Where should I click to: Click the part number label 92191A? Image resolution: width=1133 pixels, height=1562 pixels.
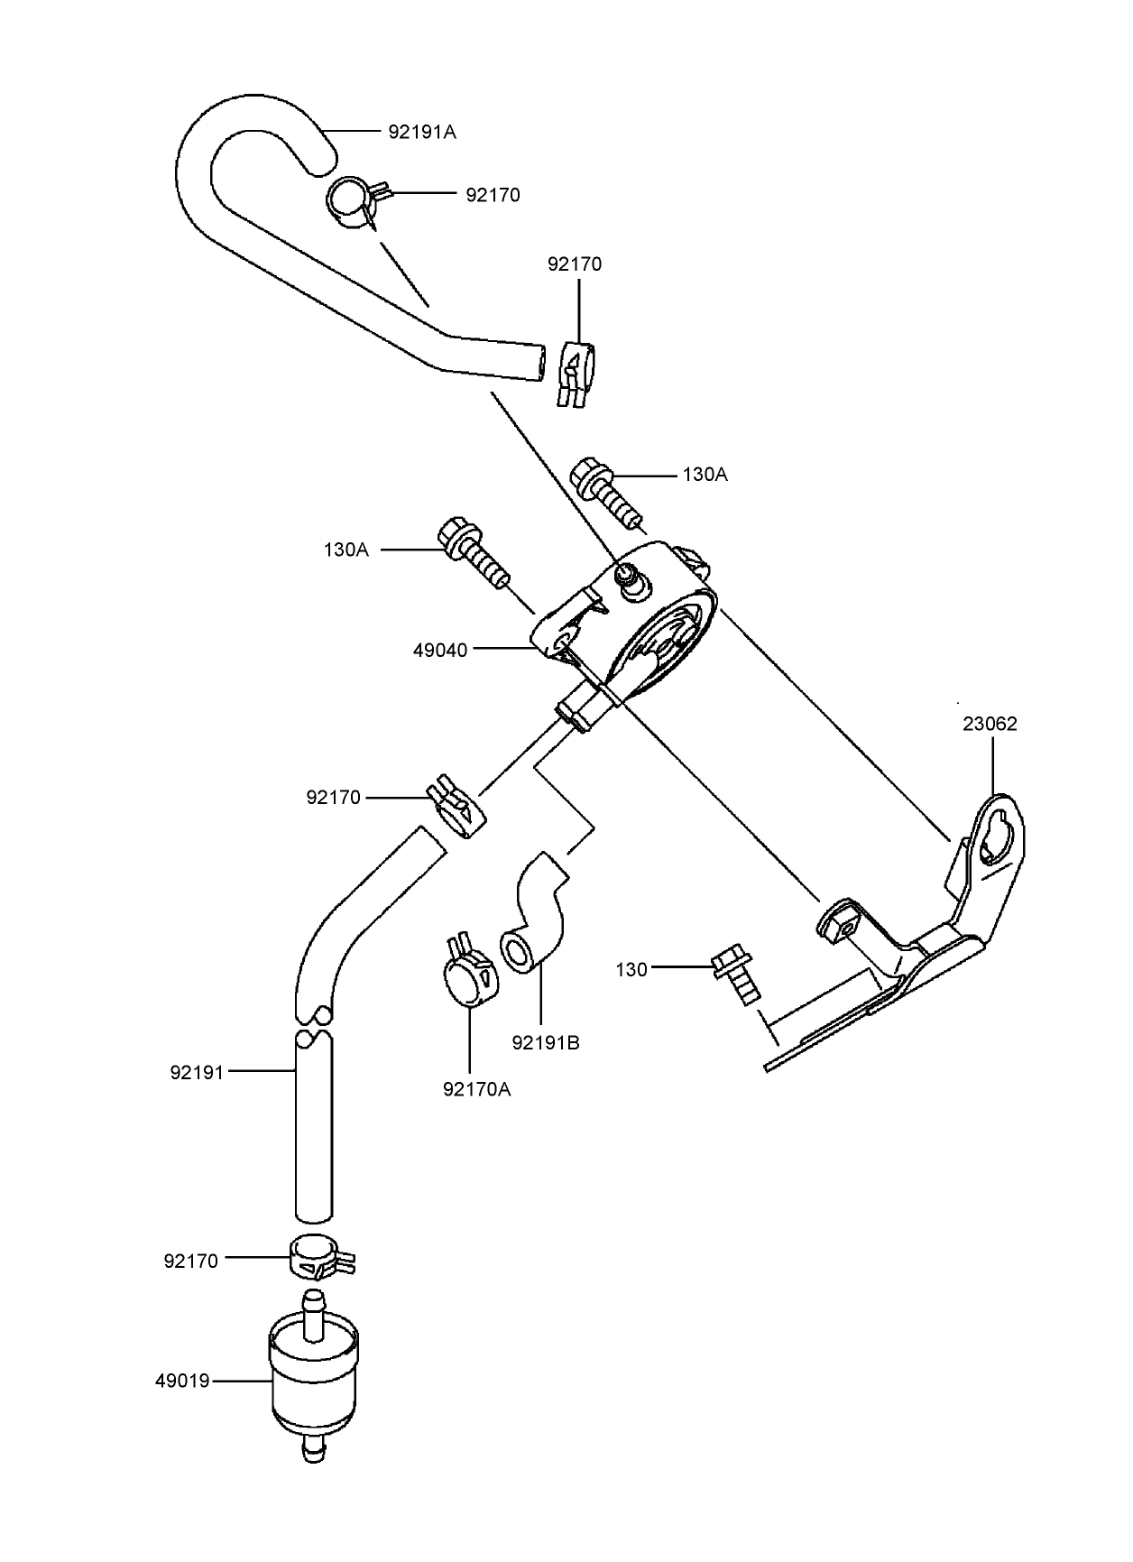422,132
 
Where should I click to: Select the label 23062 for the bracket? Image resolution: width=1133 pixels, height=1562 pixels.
990,725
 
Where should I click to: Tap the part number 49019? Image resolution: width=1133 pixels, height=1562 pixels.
182,1381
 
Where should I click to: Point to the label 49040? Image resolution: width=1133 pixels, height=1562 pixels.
440,650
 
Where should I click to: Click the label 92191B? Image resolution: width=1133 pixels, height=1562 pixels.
546,1043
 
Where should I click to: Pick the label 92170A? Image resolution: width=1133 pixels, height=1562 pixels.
477,1089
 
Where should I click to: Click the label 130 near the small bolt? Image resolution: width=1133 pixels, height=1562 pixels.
631,970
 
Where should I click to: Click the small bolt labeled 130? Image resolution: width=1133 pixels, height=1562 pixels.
737,975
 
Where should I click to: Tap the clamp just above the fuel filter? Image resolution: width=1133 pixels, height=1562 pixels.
321,1256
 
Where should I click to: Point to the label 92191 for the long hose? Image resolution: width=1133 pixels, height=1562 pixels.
197,1073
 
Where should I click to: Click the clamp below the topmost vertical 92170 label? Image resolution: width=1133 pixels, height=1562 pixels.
573,374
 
